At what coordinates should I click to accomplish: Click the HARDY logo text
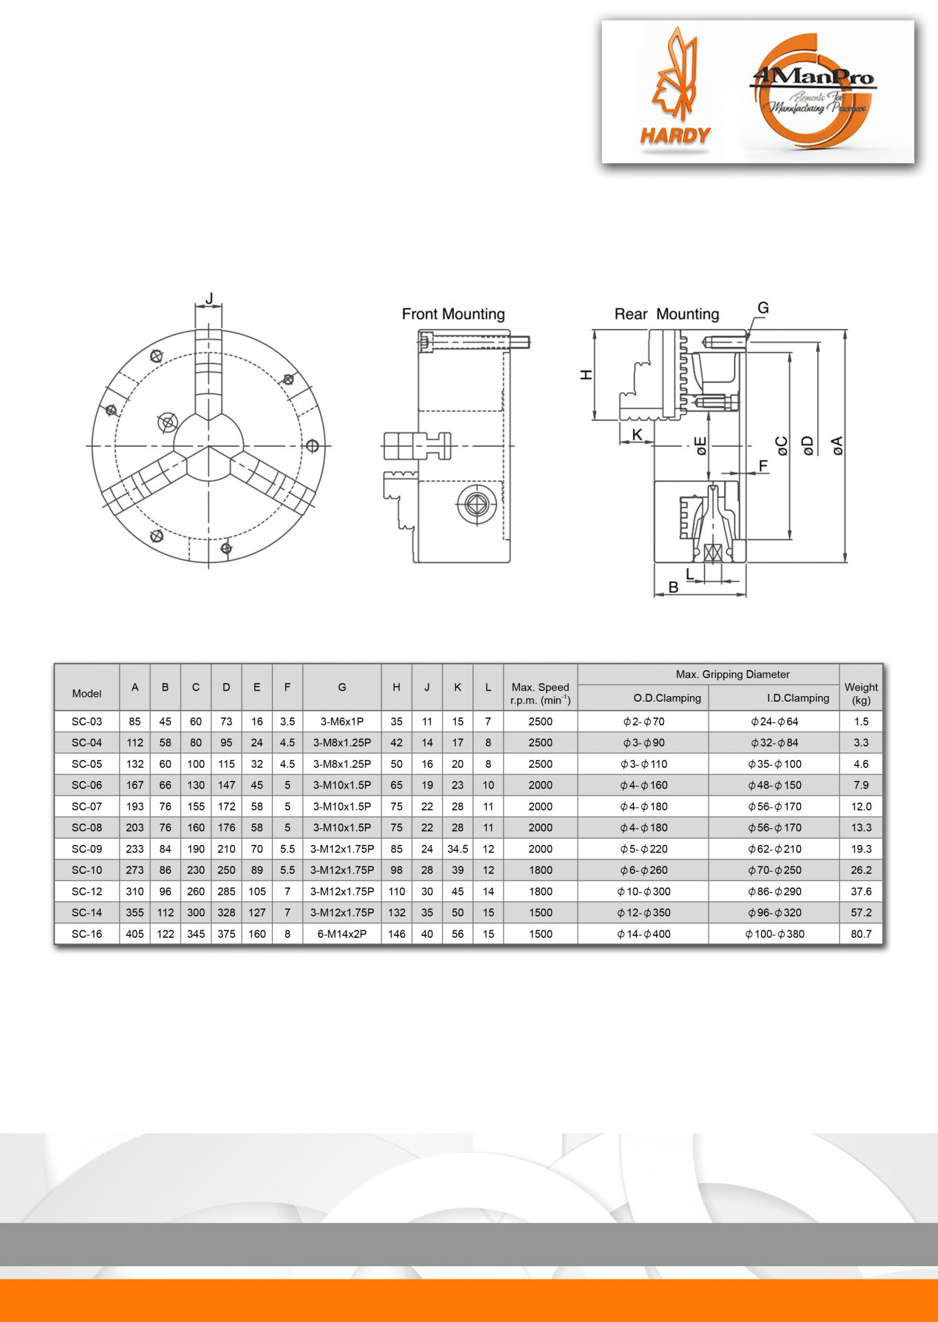[675, 136]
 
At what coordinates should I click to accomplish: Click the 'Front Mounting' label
[453, 314]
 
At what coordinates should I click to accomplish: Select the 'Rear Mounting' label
[667, 314]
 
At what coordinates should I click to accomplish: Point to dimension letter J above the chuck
[209, 298]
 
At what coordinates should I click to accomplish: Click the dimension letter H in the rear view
[586, 375]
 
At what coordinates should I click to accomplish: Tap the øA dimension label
[837, 445]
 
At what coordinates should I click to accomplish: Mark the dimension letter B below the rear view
[674, 587]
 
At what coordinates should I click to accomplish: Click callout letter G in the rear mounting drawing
[763, 308]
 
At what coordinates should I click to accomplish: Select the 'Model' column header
[87, 693]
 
